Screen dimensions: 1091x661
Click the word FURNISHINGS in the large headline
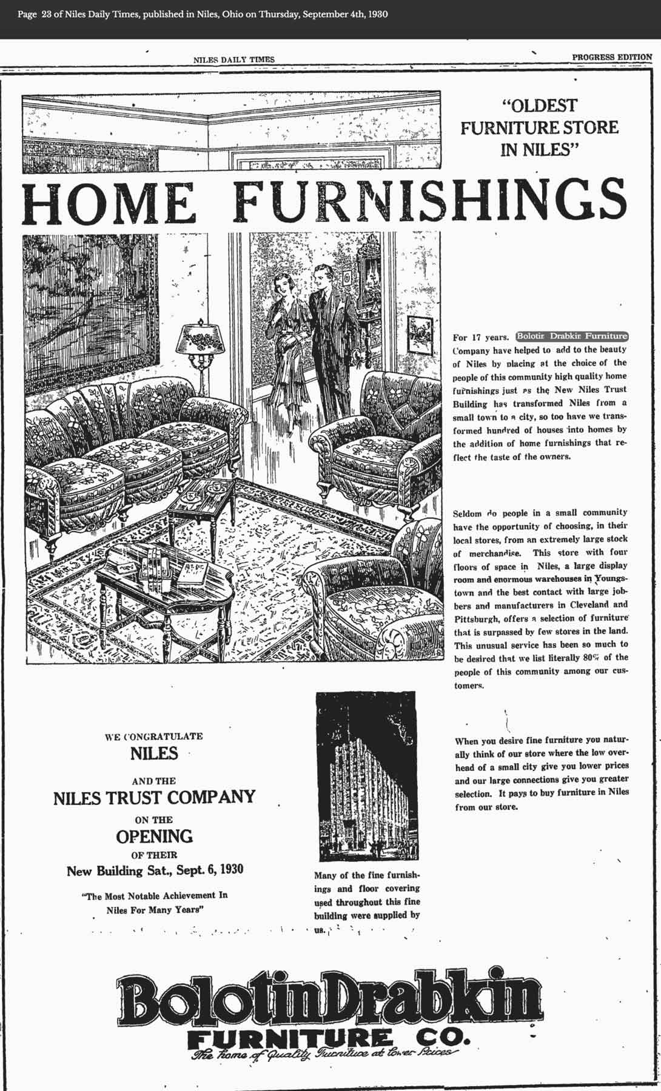click(429, 200)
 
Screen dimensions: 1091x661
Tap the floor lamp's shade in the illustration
click(198, 339)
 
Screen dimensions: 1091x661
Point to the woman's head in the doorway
click(282, 284)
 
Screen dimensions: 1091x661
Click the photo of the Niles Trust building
click(366, 776)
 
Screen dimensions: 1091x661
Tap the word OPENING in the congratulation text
click(155, 836)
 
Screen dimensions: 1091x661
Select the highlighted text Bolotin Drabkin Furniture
click(572, 336)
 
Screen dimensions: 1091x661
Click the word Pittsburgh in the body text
click(477, 619)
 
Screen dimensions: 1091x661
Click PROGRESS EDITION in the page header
click(611, 57)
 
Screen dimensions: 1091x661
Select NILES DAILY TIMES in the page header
click(234, 59)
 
